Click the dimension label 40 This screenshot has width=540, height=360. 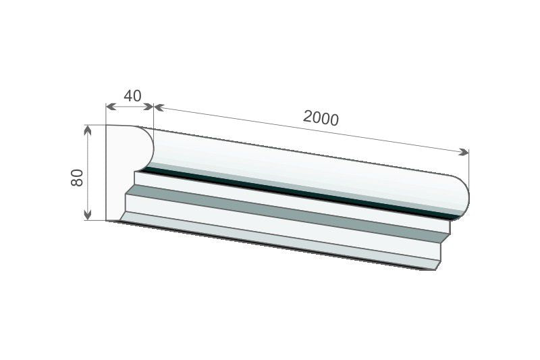pyautogui.click(x=132, y=96)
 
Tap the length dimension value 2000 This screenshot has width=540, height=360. pyautogui.click(x=321, y=118)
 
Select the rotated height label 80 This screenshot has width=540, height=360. pyautogui.click(x=77, y=178)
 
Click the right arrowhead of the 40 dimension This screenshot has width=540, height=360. pyautogui.click(x=148, y=107)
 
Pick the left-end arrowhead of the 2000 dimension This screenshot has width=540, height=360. pyautogui.click(x=159, y=108)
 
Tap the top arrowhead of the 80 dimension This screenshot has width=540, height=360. pyautogui.click(x=88, y=130)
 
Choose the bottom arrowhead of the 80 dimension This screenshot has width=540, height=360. pyautogui.click(x=88, y=215)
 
